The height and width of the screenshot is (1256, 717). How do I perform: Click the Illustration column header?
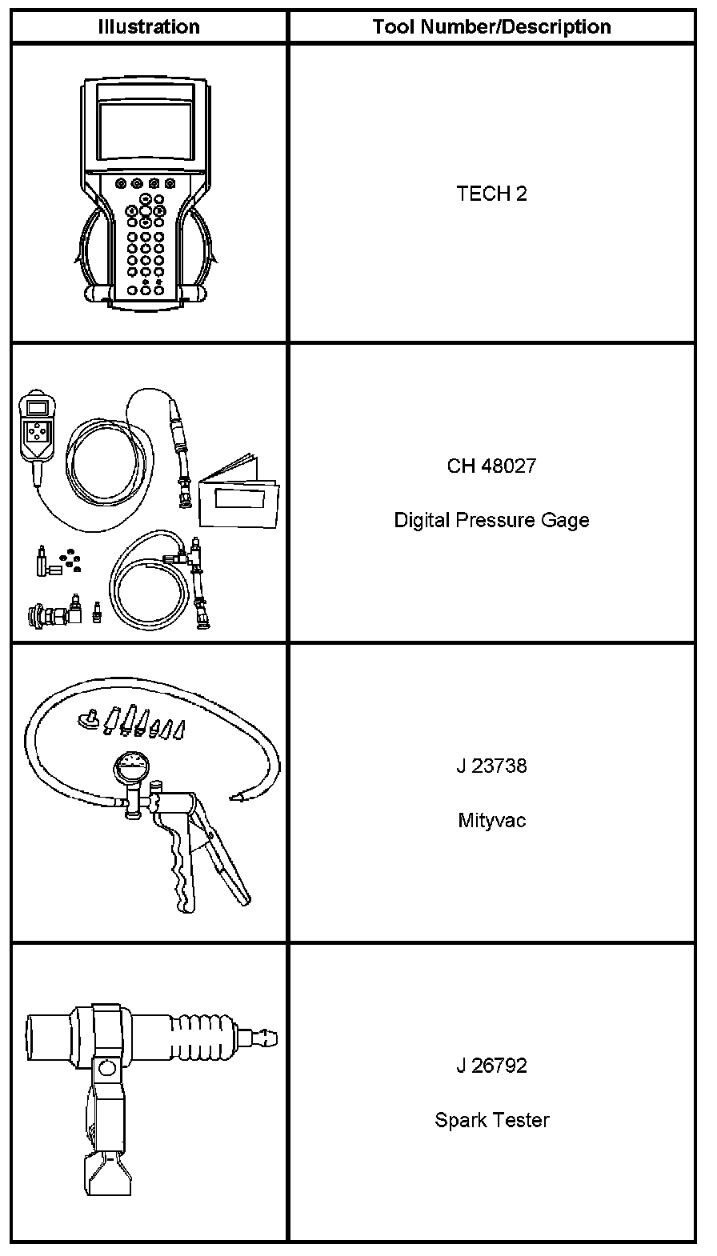pos(149,26)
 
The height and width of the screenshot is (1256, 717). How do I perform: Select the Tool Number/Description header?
pos(491,26)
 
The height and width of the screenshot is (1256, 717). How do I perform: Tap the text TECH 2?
pos(491,194)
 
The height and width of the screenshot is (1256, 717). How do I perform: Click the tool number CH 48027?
pos(491,466)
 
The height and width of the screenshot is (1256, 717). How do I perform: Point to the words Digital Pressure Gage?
pos(491,520)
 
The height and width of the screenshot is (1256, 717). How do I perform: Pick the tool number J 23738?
pos(491,766)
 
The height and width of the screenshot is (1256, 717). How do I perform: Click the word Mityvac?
pos(491,820)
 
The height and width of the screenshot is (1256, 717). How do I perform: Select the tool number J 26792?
pos(491,1066)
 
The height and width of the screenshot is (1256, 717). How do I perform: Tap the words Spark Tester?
pos(491,1120)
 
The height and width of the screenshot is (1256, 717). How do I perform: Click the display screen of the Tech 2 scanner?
pos(145,129)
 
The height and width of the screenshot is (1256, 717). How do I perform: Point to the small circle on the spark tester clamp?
pos(106,1067)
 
